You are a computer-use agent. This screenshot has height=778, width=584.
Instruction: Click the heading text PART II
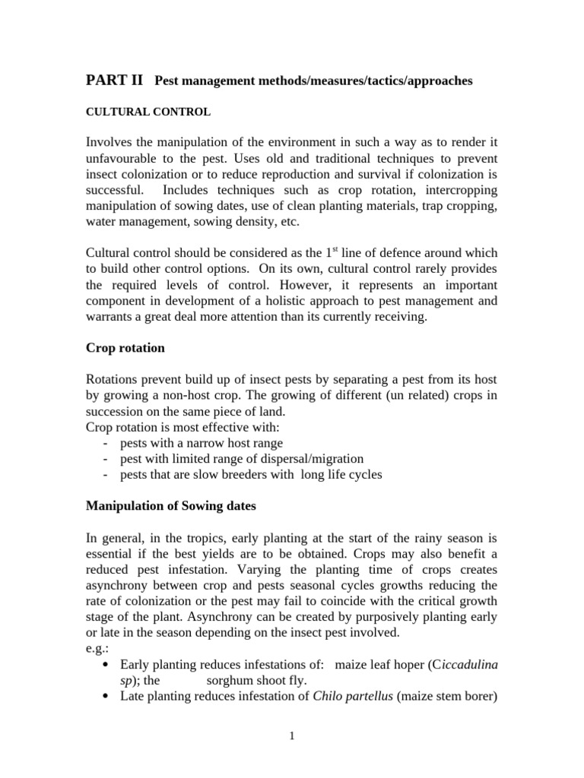114,81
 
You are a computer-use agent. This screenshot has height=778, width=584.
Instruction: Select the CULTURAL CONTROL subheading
148,112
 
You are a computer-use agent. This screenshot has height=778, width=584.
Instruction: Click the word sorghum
232,682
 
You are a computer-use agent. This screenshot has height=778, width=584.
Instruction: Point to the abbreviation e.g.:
99,650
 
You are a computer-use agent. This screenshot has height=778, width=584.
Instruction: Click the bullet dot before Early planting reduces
104,666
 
